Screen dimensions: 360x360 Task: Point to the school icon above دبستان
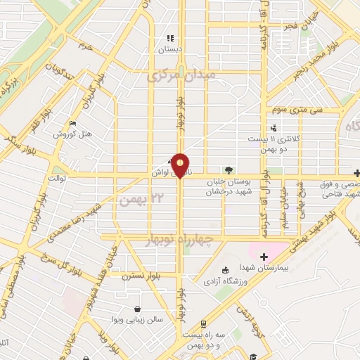169,38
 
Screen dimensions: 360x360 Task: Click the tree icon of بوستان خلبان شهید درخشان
227,169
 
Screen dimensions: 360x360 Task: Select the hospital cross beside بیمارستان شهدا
264,257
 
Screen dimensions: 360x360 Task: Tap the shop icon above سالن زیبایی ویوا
136,309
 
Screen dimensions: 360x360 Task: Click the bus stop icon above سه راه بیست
203,324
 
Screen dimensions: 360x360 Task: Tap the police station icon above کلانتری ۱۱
274,128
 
